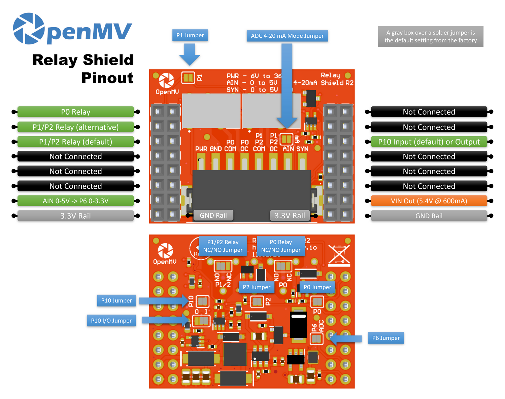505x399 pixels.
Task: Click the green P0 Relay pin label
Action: (75, 112)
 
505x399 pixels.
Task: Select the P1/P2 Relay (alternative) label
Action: (75, 127)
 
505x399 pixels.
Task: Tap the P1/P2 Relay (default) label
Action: (75, 142)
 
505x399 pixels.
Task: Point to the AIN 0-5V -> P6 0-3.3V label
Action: (75, 201)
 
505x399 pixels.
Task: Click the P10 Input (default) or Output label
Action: (429, 142)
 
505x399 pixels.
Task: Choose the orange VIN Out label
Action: (429, 201)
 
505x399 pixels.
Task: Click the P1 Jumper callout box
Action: (190, 35)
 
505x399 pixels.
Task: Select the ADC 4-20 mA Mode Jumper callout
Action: (287, 36)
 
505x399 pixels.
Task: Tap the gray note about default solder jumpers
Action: (430, 36)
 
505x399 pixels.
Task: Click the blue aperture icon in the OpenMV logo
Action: (29, 29)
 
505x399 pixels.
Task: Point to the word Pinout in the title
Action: (107, 78)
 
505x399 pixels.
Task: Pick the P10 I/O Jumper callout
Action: (111, 321)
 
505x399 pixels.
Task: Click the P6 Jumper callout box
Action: (386, 338)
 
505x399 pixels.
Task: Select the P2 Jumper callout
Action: (257, 287)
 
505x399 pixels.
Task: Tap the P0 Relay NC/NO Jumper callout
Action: (281, 246)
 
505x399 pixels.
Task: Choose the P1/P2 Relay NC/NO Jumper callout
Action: (223, 246)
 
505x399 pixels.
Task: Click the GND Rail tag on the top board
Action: (213, 215)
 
